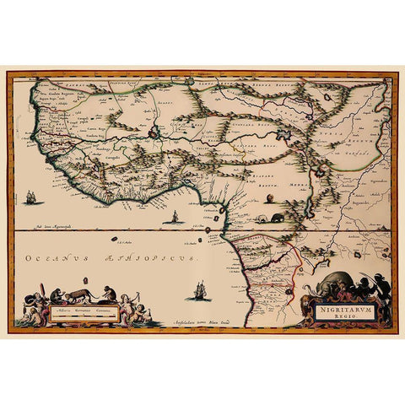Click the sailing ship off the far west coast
tap(31, 198)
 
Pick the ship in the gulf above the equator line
tap(175, 218)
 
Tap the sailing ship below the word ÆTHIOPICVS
tap(200, 291)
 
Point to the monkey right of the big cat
tap(107, 293)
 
